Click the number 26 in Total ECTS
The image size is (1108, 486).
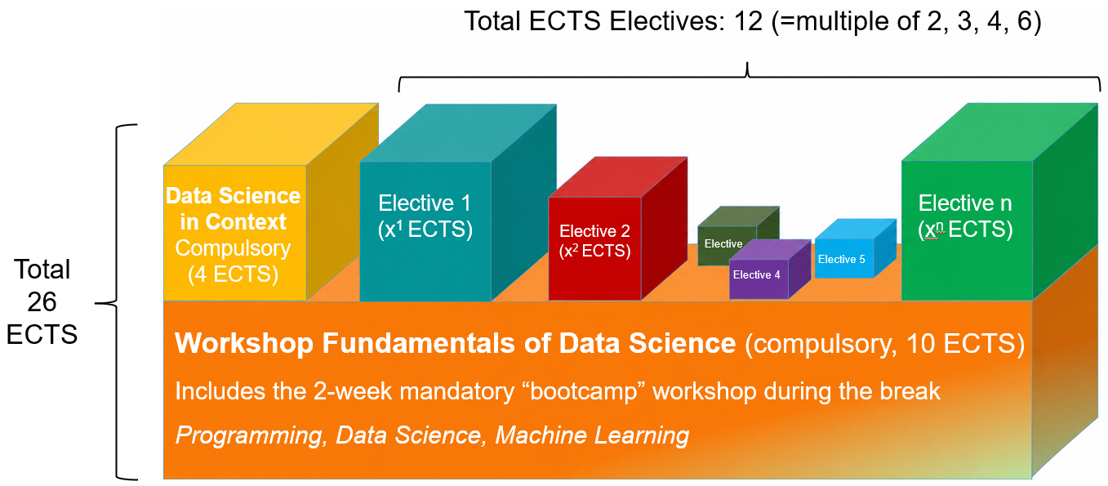42,302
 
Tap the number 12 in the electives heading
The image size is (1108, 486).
748,21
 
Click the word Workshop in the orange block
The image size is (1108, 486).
244,343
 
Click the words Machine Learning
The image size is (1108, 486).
592,436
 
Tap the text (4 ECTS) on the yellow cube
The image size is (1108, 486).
233,274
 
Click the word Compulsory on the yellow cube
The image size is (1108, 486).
233,248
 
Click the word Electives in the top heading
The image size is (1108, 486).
666,21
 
